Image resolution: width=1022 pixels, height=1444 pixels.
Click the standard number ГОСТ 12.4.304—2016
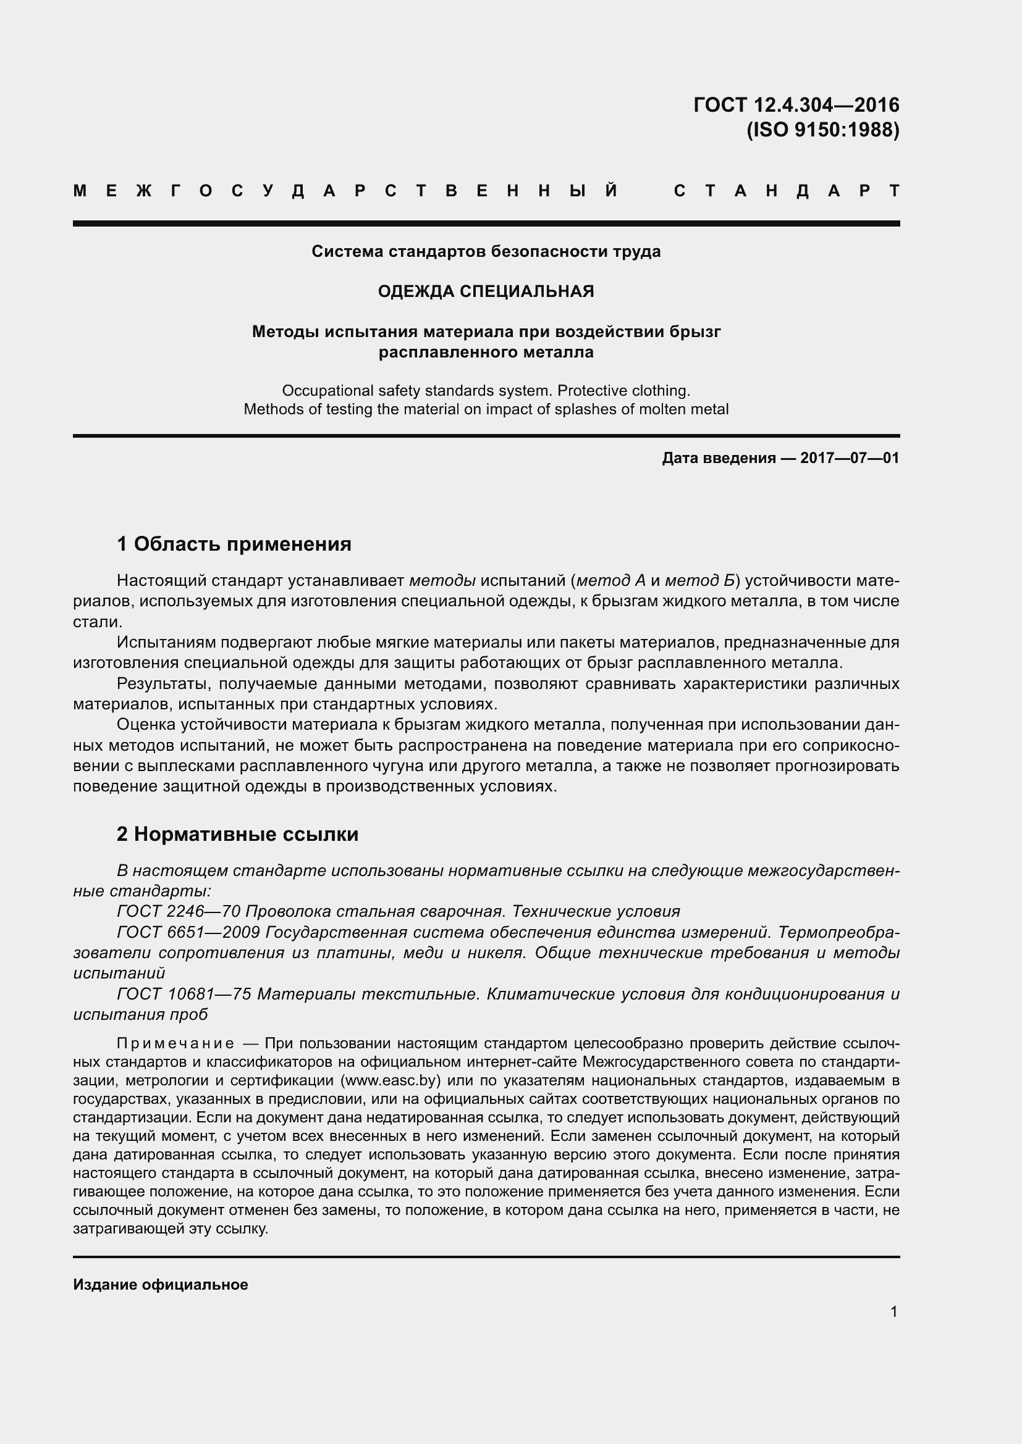[x=796, y=104]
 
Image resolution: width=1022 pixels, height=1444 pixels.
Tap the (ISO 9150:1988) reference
[x=822, y=130]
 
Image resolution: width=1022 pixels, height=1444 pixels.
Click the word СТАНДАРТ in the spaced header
[x=787, y=191]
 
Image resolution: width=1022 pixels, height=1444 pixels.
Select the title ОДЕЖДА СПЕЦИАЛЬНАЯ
[x=486, y=291]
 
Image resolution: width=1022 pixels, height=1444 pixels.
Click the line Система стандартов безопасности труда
[x=486, y=251]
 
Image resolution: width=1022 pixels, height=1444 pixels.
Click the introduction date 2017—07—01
[x=850, y=458]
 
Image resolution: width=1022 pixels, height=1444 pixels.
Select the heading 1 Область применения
[x=234, y=543]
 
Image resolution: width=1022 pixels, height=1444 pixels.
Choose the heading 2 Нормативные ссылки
[x=237, y=834]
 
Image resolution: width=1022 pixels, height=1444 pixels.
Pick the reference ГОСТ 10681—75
[x=184, y=994]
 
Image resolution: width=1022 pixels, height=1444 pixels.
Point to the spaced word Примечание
[x=175, y=1044]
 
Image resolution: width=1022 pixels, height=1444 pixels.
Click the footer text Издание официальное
[x=161, y=1285]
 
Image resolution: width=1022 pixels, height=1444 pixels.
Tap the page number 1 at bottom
[x=893, y=1312]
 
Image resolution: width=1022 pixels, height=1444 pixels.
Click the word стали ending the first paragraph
[x=95, y=622]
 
